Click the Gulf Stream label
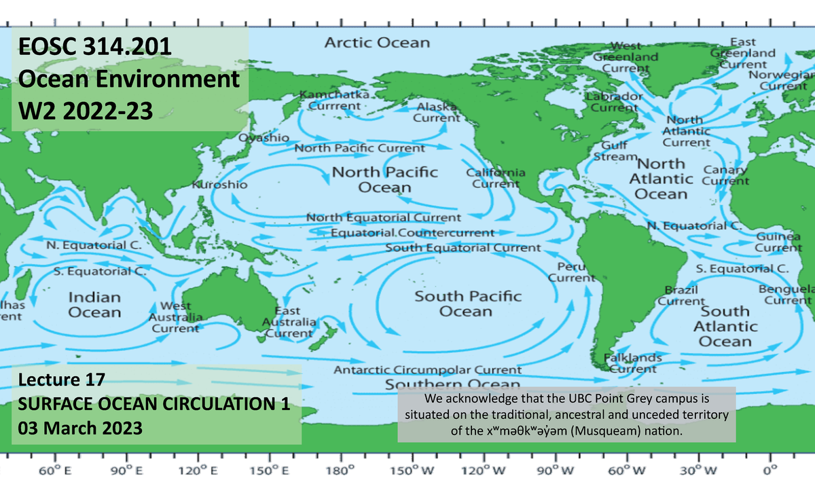click(x=615, y=151)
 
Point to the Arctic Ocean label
click(x=377, y=43)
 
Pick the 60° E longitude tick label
click(x=55, y=471)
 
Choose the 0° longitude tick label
click(x=770, y=471)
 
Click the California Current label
click(x=495, y=178)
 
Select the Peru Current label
click(x=571, y=272)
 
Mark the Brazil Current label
click(x=685, y=295)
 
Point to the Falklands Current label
click(x=632, y=363)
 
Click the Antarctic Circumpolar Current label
click(x=427, y=370)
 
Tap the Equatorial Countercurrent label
click(x=413, y=233)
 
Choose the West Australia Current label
click(x=175, y=318)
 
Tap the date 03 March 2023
click(x=79, y=428)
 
